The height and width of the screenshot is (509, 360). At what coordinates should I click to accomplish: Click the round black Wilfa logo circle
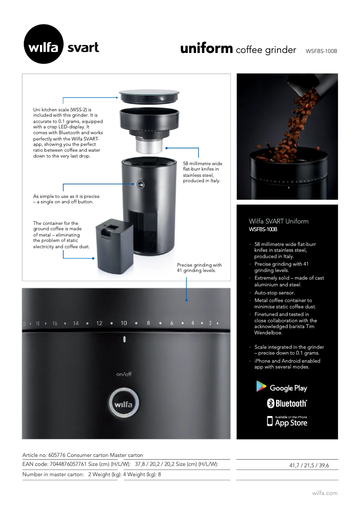pos(44,44)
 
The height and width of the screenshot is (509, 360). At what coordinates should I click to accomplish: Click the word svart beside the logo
pos(83,48)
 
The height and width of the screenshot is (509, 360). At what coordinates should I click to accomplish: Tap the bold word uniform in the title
pos(206,48)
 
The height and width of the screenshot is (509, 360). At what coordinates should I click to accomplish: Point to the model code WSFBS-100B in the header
pos(321,51)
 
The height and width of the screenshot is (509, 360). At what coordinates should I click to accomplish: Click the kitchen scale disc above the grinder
pos(149,97)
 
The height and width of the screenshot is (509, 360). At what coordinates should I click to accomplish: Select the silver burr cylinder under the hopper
pos(149,145)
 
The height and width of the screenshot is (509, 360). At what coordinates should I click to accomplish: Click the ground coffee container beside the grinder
pos(114,246)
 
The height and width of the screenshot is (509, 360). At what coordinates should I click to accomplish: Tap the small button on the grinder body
pos(140,184)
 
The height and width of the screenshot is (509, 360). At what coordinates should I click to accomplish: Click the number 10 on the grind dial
pos(124,323)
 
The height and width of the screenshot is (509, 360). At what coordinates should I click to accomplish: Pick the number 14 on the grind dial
pos(76,323)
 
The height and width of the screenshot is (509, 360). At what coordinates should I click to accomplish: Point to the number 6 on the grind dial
pos(172,323)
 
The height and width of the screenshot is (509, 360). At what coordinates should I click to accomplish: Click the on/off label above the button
pos(124,374)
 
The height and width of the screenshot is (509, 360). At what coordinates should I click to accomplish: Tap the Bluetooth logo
pos(287,403)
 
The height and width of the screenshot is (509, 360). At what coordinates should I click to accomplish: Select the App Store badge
pos(287,421)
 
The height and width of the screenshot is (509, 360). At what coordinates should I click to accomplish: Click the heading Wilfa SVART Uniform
pos(279,221)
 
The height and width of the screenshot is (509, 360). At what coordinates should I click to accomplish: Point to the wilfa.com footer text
pos(325,493)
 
